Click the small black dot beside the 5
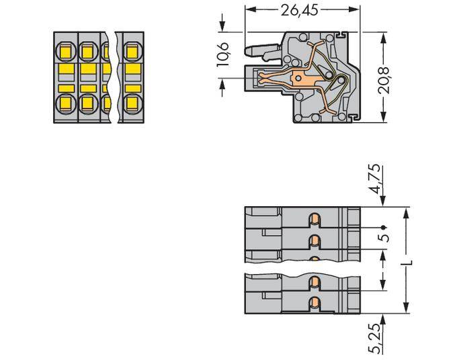click(x=382, y=228)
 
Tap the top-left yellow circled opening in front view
click(x=66, y=50)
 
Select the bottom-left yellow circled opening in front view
click(x=66, y=103)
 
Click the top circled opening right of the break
click(x=132, y=50)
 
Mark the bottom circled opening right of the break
click(x=132, y=103)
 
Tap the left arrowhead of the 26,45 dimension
click(x=247, y=9)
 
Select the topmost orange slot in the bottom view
click(x=313, y=219)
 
